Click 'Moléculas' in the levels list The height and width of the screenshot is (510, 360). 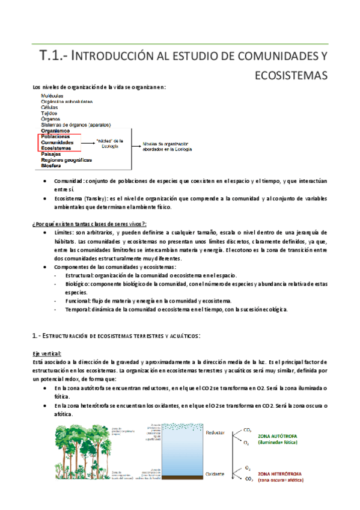pos(52,96)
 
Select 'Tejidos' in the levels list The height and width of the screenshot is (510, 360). pos(49,113)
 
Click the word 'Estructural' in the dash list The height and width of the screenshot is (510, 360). pos(81,274)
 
